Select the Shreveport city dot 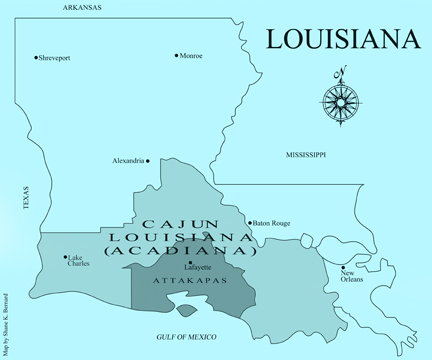[x=35, y=58]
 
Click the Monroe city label [x=192, y=56]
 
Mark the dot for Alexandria [x=147, y=161]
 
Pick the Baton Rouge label [x=272, y=223]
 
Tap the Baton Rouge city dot [x=250, y=223]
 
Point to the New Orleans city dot [x=343, y=266]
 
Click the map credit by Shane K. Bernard [x=8, y=321]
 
